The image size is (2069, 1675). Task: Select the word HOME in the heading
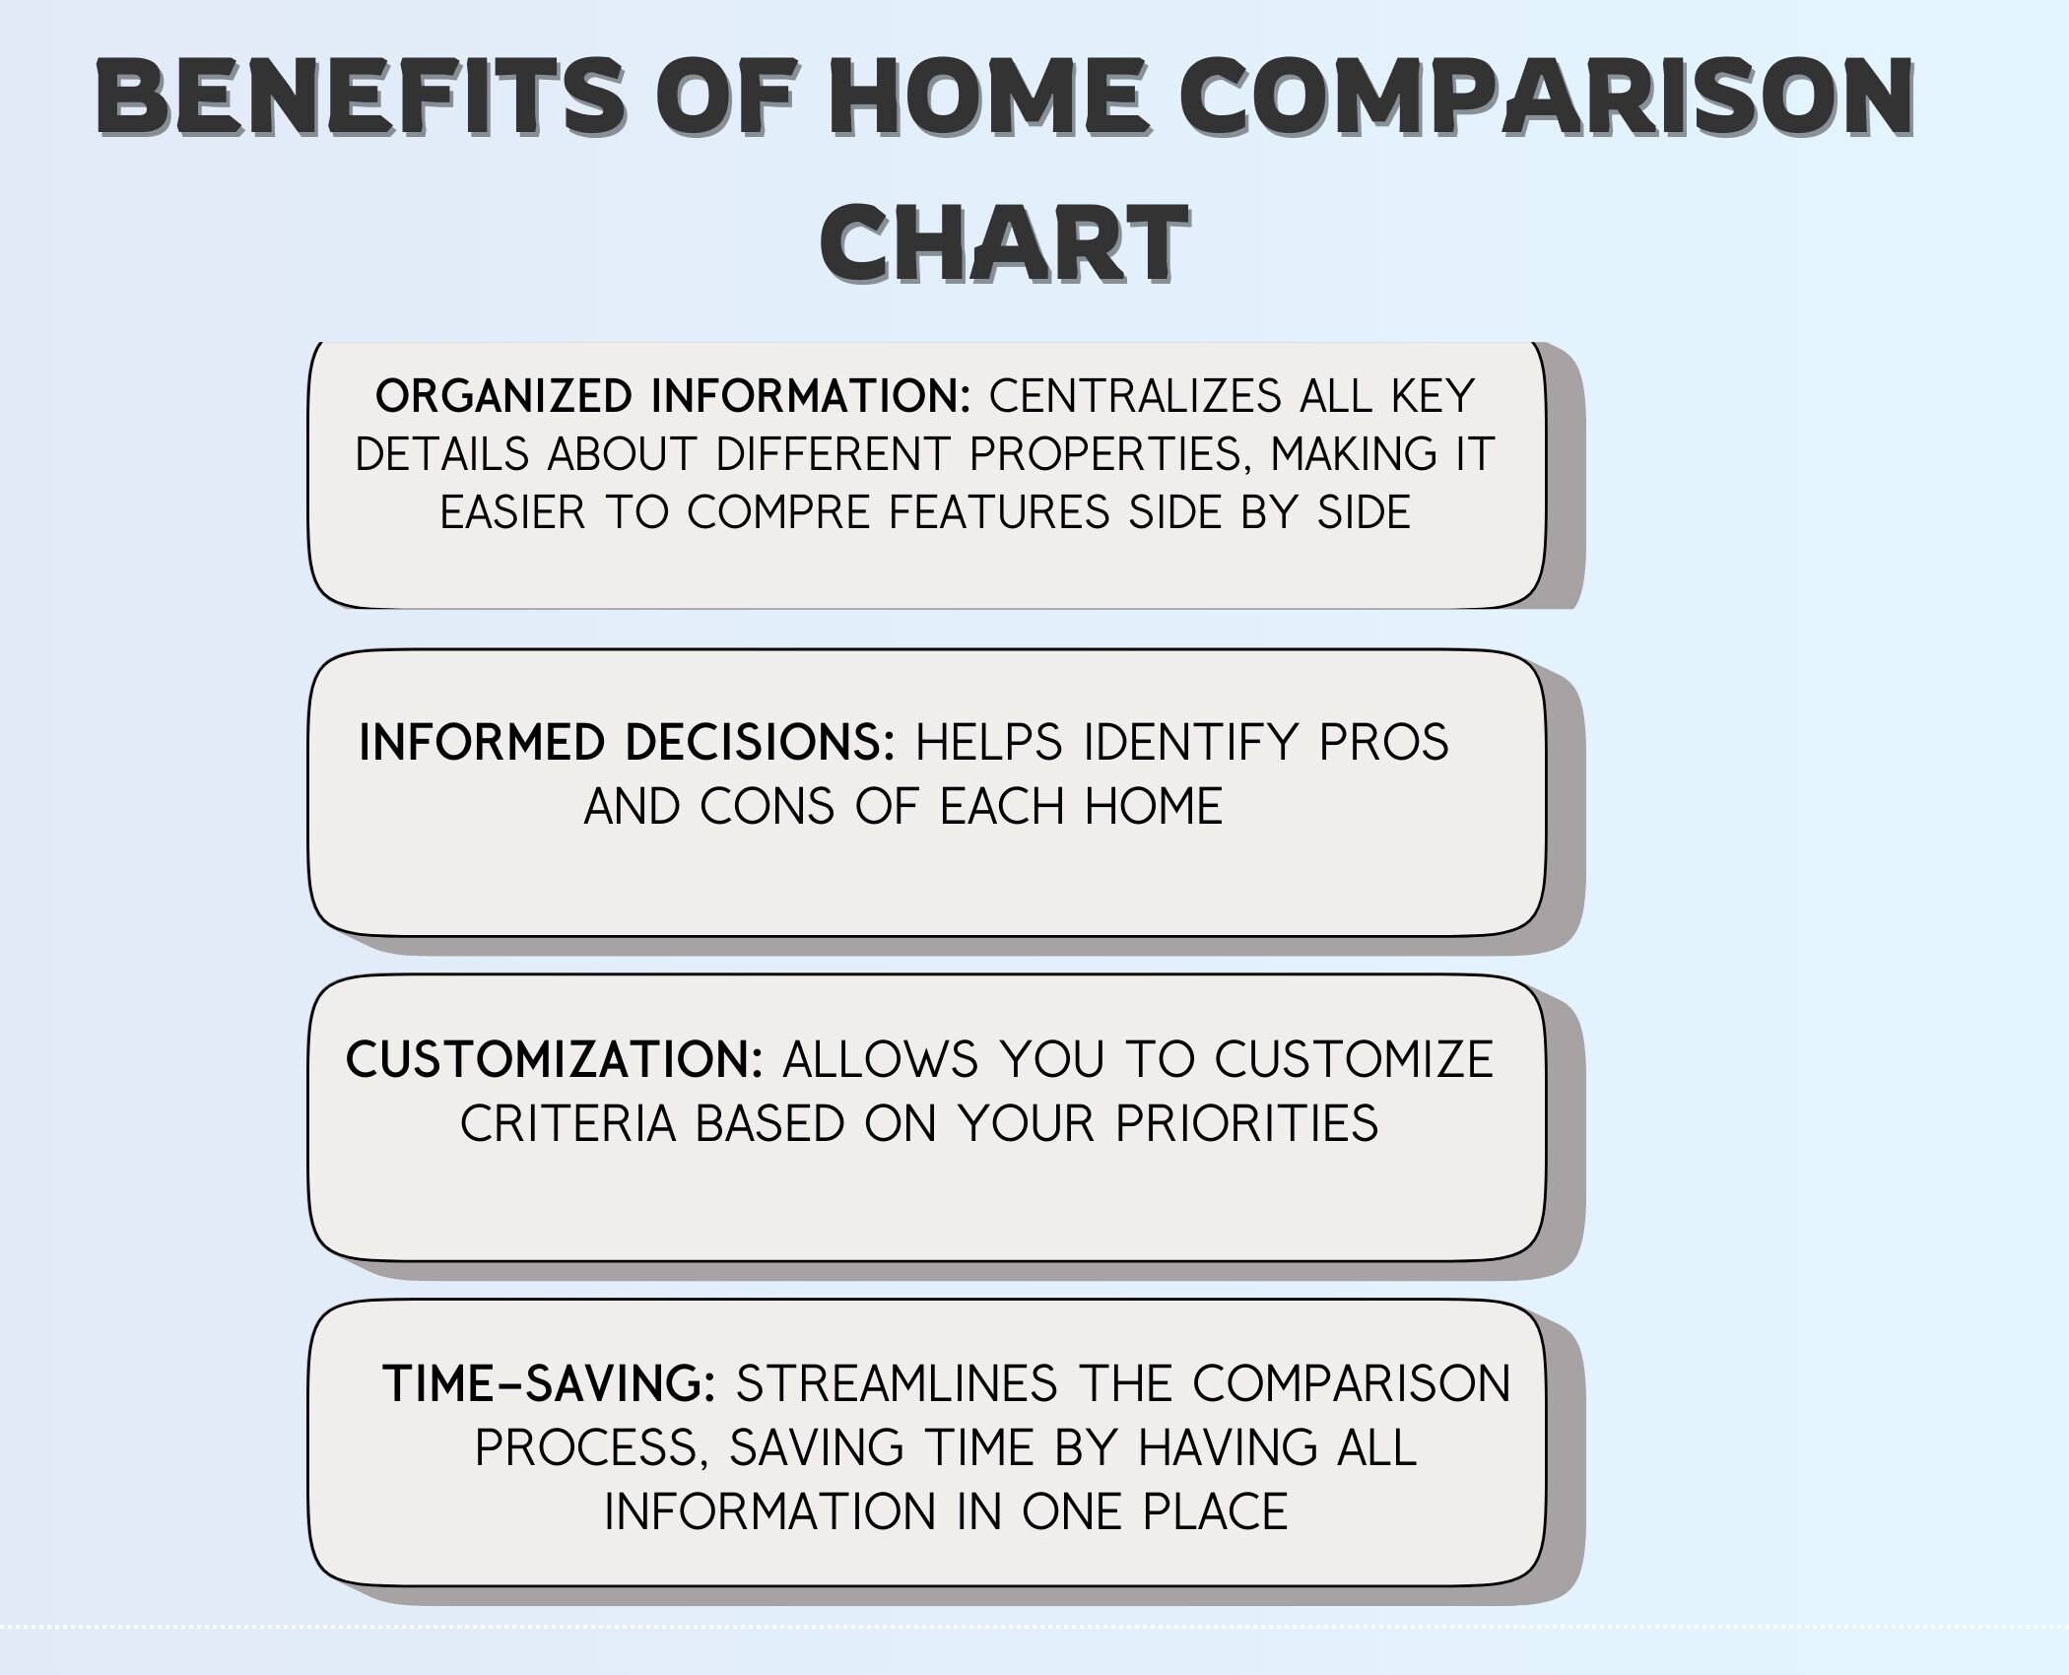coord(988,99)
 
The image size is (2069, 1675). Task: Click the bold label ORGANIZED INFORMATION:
coord(673,396)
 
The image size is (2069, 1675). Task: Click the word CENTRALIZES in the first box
coord(1134,396)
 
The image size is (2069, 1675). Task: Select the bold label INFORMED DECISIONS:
coord(627,742)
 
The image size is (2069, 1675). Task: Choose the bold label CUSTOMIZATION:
coord(555,1059)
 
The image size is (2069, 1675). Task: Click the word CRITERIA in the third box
coord(568,1123)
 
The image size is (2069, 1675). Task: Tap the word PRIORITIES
coord(1246,1123)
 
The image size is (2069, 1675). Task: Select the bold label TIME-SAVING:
coord(549,1383)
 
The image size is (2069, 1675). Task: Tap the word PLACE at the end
coord(1215,1511)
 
